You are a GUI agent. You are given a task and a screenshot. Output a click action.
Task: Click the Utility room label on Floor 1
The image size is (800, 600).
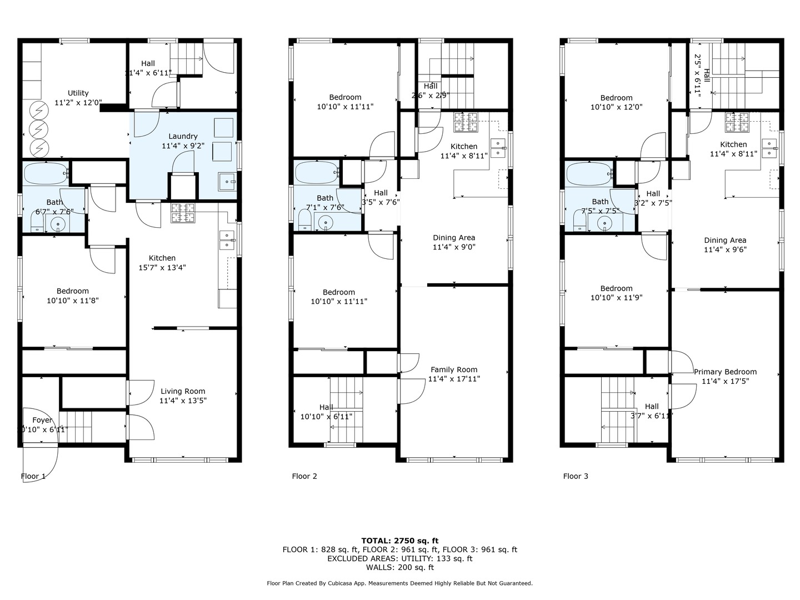click(78, 93)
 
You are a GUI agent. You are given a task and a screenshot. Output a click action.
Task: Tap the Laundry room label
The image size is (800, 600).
click(183, 136)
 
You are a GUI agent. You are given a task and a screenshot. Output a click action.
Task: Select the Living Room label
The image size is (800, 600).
click(183, 391)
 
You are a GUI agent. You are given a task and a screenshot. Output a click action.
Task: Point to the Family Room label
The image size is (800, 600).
click(454, 369)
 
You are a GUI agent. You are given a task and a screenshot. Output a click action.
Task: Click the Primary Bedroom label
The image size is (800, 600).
click(725, 372)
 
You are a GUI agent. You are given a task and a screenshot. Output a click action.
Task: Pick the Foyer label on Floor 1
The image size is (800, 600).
click(42, 420)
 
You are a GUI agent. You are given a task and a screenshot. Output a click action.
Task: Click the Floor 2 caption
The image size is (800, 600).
click(304, 476)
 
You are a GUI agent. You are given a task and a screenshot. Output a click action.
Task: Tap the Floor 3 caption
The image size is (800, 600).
click(576, 476)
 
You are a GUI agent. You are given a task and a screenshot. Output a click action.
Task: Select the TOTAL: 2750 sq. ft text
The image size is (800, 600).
click(399, 541)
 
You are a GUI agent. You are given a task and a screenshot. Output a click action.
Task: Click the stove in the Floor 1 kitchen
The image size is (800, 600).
click(183, 213)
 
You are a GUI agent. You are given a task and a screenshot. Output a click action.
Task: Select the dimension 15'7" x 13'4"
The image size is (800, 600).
click(162, 267)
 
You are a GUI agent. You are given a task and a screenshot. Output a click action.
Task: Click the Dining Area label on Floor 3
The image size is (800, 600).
click(725, 240)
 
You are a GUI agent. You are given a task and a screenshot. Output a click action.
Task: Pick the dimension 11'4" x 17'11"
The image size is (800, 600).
click(454, 379)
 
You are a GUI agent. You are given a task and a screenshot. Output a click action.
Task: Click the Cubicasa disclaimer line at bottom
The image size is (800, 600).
click(399, 583)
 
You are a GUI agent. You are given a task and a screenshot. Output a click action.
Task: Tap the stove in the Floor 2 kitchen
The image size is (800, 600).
click(466, 122)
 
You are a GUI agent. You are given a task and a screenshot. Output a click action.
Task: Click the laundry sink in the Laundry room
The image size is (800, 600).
click(227, 182)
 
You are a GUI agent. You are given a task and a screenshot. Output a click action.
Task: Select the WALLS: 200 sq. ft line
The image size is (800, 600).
click(399, 567)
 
